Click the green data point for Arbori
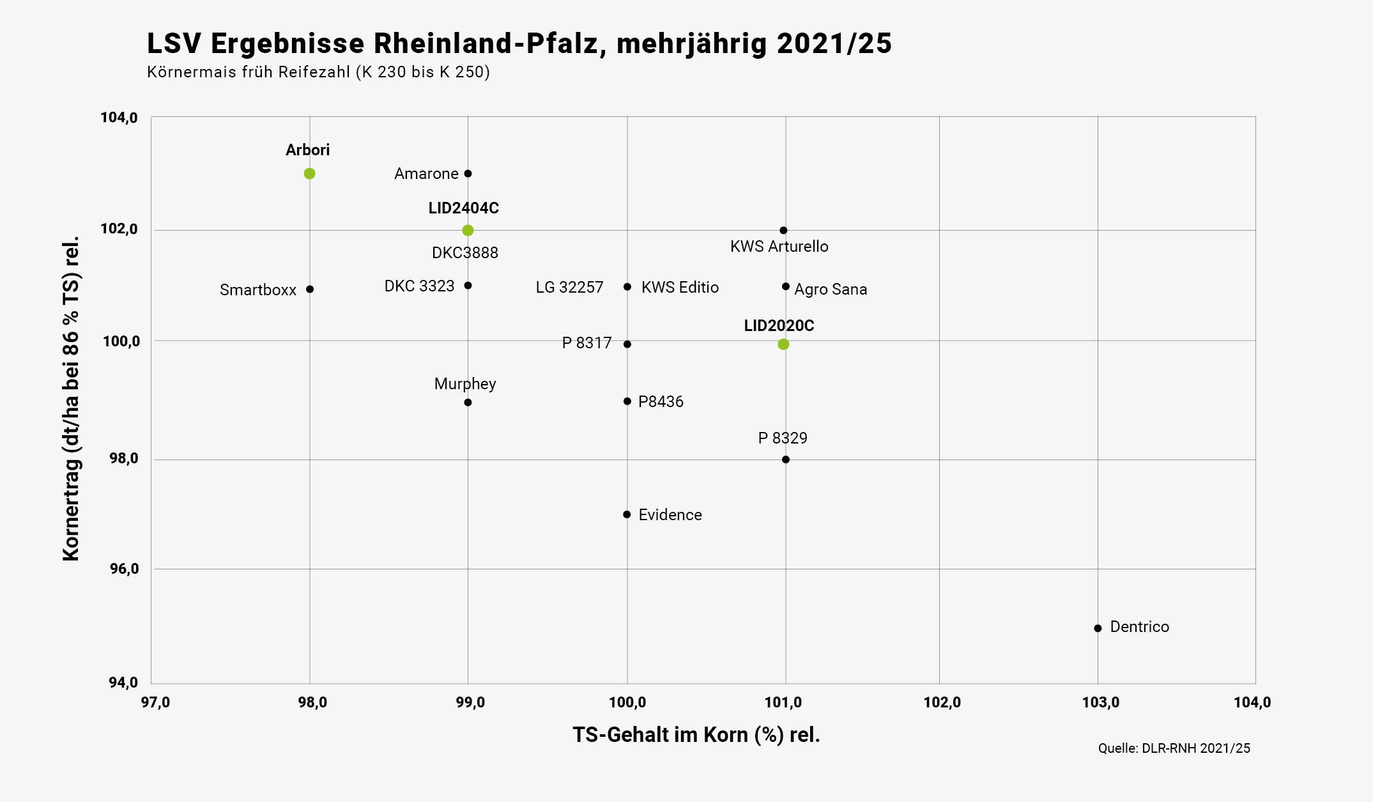tap(309, 174)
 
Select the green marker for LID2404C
tap(468, 230)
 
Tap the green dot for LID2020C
tap(783, 344)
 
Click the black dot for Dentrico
tap(1098, 628)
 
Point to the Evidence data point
tap(627, 514)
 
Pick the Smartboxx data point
tap(310, 289)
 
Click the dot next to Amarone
tap(468, 174)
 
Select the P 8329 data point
tap(786, 459)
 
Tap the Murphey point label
tap(465, 383)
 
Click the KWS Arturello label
tap(779, 247)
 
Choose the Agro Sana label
tap(831, 289)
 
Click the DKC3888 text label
tap(465, 253)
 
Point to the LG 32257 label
tap(569, 288)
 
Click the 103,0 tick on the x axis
tap(1100, 703)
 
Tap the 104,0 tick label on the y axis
tap(119, 118)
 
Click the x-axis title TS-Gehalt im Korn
tap(696, 735)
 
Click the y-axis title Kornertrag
tap(71, 399)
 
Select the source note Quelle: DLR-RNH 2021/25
tap(1174, 748)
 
